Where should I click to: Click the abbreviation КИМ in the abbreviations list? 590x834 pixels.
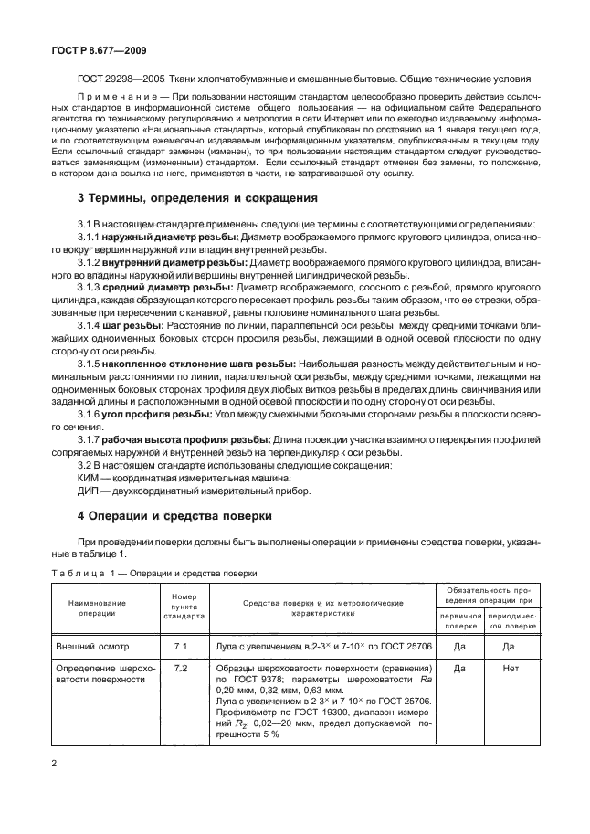[89, 478]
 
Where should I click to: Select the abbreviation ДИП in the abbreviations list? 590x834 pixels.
[90, 491]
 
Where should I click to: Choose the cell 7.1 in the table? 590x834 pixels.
[181, 647]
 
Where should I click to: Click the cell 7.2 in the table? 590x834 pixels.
[181, 669]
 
